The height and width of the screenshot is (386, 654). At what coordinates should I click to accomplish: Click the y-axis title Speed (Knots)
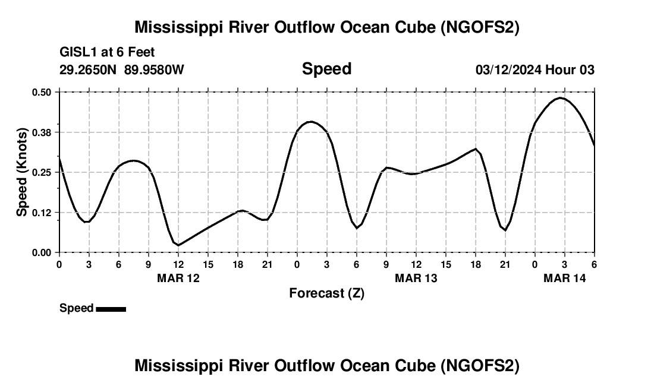[22, 172]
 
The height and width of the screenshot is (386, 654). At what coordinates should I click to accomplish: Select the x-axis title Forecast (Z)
[326, 293]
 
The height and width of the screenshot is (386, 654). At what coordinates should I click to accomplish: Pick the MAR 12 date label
[178, 278]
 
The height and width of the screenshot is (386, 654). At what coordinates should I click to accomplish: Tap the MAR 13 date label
[416, 278]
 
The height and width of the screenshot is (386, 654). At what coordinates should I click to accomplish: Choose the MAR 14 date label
[565, 278]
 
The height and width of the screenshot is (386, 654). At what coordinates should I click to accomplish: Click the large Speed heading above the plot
[326, 69]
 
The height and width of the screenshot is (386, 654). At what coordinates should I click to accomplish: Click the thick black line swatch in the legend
[111, 309]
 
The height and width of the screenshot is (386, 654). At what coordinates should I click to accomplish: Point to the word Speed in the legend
[76, 308]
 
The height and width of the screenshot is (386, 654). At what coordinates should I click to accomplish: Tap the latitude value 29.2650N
[89, 70]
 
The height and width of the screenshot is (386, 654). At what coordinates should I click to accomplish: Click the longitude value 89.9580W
[154, 70]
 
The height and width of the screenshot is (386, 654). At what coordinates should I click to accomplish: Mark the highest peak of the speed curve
[561, 98]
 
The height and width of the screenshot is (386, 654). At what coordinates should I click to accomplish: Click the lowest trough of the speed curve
[178, 245]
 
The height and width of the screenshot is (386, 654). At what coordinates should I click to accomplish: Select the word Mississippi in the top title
[181, 27]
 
